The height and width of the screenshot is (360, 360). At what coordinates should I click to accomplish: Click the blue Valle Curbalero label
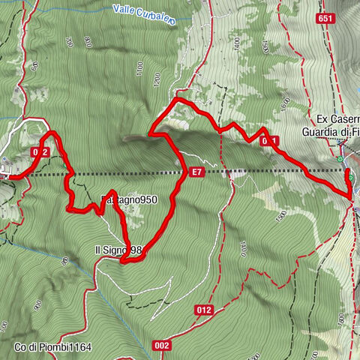click(145, 15)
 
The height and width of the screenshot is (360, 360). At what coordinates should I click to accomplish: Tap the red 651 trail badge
click(325, 19)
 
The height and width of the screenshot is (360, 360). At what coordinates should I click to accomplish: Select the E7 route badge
click(196, 172)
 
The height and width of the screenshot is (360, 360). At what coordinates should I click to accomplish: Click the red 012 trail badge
click(205, 308)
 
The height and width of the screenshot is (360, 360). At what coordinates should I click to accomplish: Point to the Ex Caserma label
click(337, 119)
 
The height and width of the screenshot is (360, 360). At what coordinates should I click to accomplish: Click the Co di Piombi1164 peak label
click(52, 347)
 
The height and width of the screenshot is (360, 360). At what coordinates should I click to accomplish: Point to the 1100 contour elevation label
click(139, 70)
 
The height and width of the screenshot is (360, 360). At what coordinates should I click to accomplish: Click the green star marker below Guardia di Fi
click(340, 159)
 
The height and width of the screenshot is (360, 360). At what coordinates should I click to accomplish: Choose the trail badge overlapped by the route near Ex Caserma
click(268, 141)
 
